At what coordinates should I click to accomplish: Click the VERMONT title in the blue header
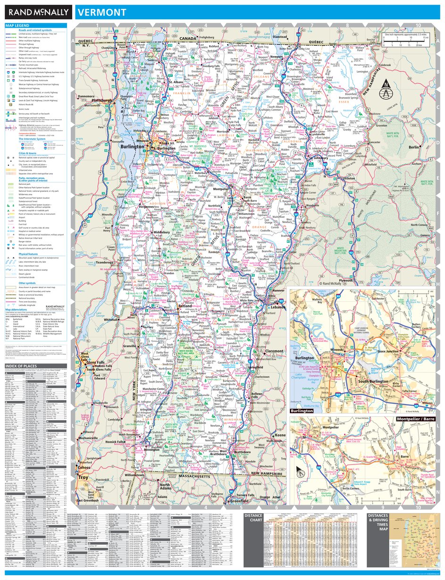(102, 12)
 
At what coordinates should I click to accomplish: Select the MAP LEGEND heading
(17, 25)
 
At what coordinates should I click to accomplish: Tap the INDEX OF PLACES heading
(23, 365)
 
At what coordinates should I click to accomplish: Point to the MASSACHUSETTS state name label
(191, 476)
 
